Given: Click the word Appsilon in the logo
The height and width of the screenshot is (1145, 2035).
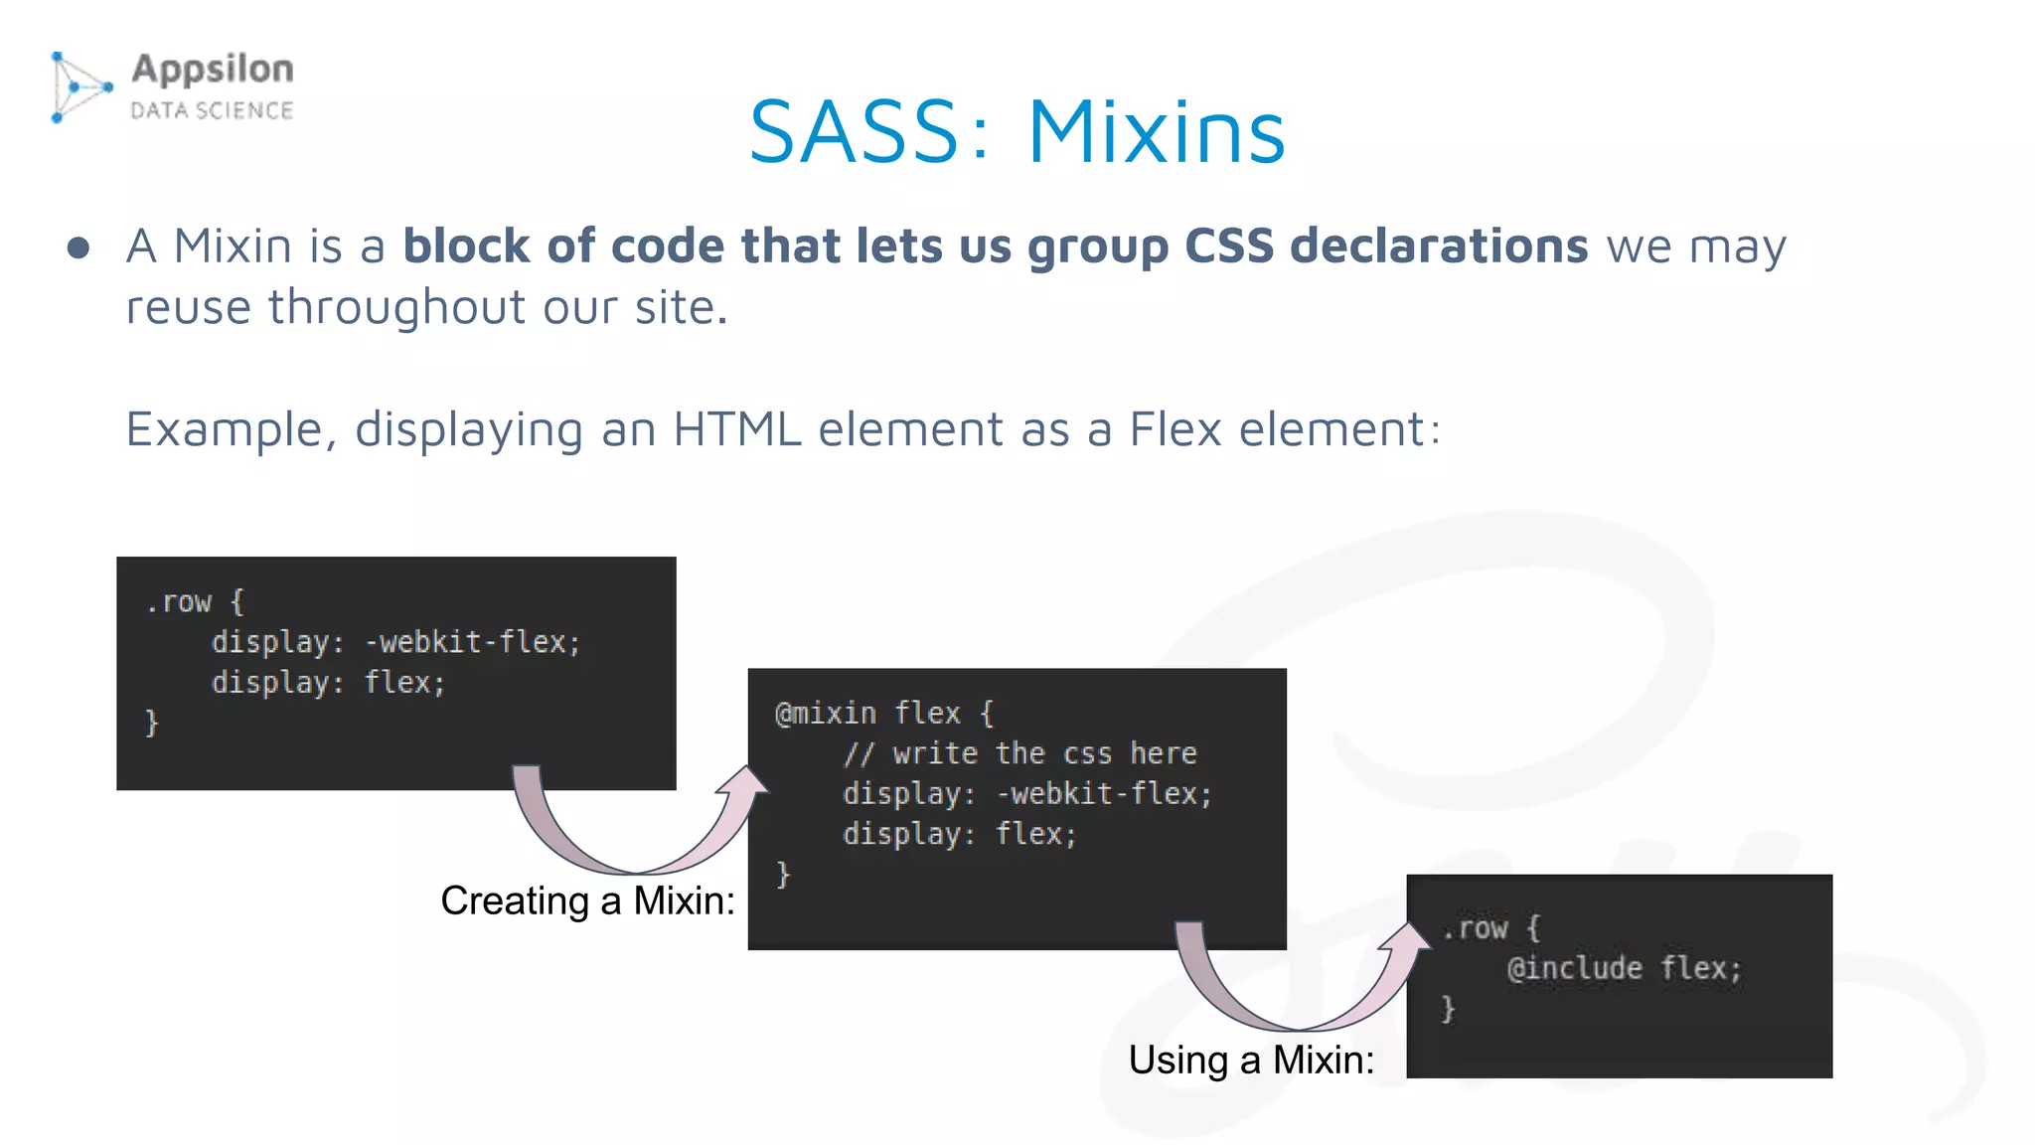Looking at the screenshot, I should pos(213,70).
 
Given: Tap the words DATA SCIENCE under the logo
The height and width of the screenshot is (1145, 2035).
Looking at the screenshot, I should pos(212,110).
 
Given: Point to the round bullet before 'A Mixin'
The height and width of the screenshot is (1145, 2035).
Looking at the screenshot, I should pos(78,247).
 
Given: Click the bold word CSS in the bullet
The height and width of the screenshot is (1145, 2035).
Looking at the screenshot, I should pos(1228,245).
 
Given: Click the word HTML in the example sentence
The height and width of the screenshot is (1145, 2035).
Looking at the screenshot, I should pos(736,429).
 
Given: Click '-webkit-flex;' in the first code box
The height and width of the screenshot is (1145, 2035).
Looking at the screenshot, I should pos(472,642).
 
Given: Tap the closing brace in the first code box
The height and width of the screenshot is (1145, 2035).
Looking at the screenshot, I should pos(152,723).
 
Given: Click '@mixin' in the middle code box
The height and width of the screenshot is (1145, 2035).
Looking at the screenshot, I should pos(826,714).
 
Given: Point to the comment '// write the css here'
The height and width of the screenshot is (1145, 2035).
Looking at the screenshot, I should pos(1019,753).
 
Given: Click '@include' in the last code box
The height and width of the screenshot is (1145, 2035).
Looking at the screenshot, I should pos(1574,968).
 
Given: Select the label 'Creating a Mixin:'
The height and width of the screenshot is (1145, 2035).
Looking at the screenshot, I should pos(587,900).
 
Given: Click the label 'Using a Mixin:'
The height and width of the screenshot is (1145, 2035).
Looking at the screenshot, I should pos(1251,1060).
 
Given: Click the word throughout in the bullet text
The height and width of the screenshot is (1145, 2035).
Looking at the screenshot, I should pos(396,307).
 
